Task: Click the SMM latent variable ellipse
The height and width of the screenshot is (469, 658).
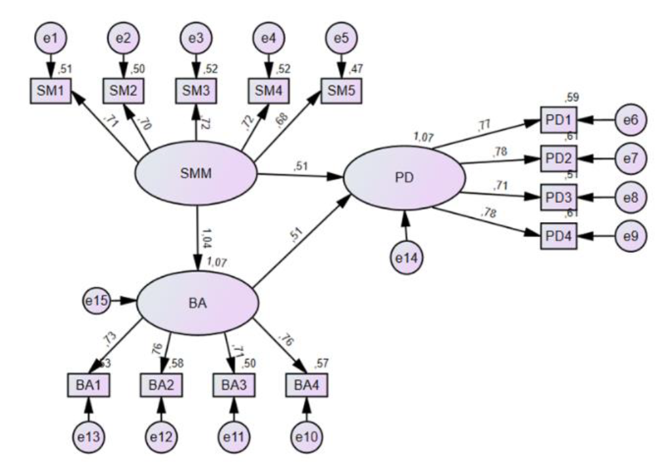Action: pos(196,175)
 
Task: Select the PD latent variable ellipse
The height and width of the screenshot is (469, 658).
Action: pos(404,178)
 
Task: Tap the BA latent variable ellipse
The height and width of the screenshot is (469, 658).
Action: pos(197,301)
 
